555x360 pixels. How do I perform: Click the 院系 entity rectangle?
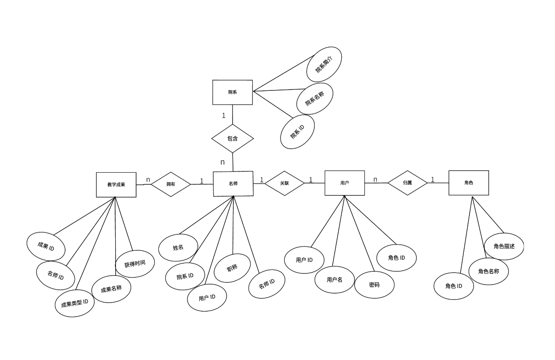[233, 92]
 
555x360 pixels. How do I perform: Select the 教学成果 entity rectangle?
[116, 185]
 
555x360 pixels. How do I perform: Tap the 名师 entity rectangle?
[233, 183]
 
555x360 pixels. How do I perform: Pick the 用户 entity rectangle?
[345, 183]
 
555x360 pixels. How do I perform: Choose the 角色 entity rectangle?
[468, 183]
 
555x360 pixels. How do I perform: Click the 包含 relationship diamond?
[233, 138]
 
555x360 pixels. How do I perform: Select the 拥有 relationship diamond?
[171, 184]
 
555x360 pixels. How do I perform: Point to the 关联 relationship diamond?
[285, 183]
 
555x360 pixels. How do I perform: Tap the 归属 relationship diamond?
[407, 183]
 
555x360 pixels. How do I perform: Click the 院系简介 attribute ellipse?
[324, 64]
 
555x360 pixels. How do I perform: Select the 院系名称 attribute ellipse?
[314, 99]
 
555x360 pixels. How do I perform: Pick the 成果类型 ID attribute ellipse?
[75, 303]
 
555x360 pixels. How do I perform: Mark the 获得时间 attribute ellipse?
[135, 264]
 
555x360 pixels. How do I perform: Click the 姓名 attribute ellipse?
[178, 248]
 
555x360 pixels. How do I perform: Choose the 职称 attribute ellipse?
[232, 268]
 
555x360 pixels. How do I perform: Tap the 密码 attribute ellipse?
[374, 285]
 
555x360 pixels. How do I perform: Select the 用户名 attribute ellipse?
[334, 280]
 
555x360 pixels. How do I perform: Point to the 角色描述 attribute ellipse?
[504, 246]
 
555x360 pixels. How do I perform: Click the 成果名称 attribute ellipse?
[111, 289]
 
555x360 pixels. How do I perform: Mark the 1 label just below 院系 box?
[224, 116]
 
